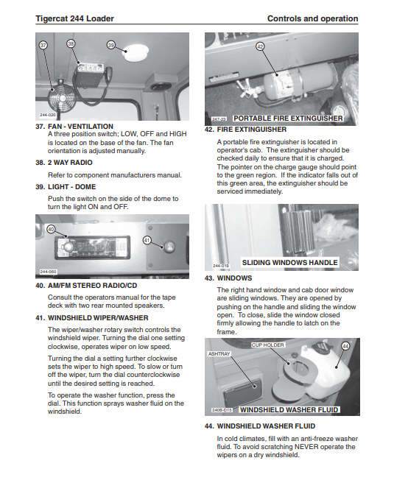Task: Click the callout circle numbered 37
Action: [43, 45]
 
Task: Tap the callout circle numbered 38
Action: [71, 43]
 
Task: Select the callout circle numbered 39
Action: [111, 45]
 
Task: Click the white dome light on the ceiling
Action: [136, 52]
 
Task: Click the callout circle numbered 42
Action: [260, 46]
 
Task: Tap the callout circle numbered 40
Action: [51, 229]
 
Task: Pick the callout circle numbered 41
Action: [147, 241]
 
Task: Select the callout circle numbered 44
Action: [345, 346]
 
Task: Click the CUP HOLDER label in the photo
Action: [267, 345]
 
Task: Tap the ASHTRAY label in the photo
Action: [219, 354]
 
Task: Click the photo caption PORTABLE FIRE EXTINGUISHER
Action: [288, 119]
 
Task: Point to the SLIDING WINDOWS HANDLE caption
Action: [289, 262]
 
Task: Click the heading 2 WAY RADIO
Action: [70, 163]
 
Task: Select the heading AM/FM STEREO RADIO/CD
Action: [92, 286]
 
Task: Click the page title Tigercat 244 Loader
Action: [74, 18]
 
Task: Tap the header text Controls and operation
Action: [313, 18]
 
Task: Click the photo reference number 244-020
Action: [48, 115]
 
